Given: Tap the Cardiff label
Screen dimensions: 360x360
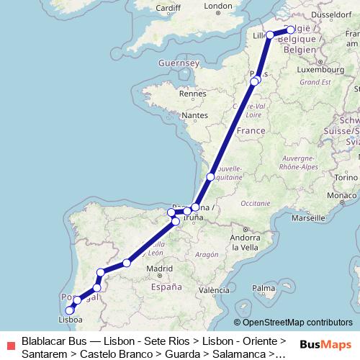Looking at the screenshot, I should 167,9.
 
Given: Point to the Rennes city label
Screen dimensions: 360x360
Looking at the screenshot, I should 192,93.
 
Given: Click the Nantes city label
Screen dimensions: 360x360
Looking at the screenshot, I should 194,115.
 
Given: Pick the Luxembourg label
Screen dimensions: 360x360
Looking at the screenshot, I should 318,70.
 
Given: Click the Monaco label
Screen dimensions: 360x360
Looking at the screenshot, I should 341,195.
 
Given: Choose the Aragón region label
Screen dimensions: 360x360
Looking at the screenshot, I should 206,254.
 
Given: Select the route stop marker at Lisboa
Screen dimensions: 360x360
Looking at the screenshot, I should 70,310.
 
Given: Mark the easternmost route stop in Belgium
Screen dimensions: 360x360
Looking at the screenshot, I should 291,30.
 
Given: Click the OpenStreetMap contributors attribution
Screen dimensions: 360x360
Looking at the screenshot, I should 293,323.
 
